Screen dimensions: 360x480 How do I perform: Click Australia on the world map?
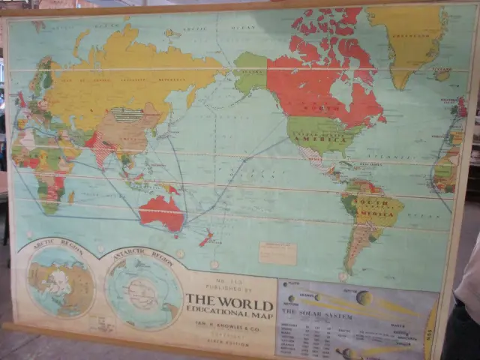(x=161, y=212)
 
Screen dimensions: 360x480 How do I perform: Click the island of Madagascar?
(x=71, y=197)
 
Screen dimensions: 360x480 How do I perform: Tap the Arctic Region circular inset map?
(x=61, y=281)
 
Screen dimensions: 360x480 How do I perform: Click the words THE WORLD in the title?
(x=229, y=300)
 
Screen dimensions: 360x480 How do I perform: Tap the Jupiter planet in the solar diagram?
(x=364, y=298)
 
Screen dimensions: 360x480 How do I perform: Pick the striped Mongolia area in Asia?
(x=127, y=115)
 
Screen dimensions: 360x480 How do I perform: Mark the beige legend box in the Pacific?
(x=277, y=253)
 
